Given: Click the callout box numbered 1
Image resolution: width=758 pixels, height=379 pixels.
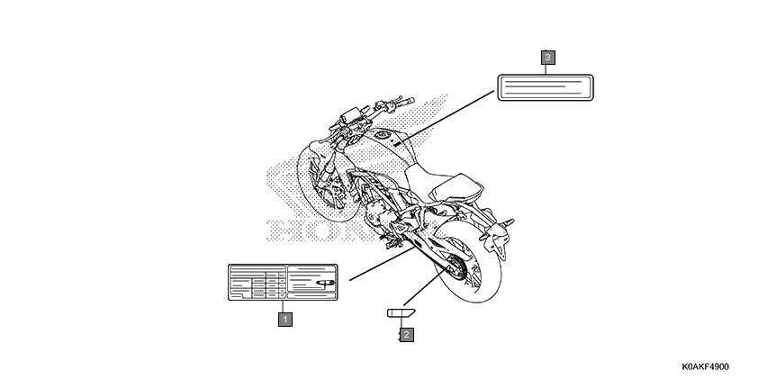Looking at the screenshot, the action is tap(285, 319).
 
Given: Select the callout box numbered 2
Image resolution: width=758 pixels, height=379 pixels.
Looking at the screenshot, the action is tap(407, 334).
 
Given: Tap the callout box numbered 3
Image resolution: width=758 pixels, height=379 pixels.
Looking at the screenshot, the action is tap(547, 58).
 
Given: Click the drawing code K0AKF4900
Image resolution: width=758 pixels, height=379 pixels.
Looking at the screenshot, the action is tap(705, 367).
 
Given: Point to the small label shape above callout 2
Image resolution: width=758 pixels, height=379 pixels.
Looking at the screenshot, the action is tap(401, 312).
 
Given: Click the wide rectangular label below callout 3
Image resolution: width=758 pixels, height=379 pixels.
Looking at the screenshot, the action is tap(546, 87).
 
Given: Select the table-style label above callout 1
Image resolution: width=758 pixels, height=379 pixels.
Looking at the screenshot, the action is tap(283, 283).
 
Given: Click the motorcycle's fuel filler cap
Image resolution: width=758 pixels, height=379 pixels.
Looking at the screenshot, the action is tap(383, 135).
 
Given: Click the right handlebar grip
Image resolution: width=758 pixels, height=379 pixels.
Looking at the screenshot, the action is tap(406, 102).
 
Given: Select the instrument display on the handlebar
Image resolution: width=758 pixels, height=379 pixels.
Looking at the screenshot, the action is tap(350, 115).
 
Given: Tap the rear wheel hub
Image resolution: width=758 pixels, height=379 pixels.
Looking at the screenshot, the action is tap(457, 266).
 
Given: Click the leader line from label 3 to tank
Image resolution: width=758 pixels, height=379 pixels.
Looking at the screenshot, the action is tap(447, 115).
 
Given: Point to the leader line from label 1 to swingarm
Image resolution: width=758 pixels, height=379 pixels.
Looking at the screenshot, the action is tap(382, 264).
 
